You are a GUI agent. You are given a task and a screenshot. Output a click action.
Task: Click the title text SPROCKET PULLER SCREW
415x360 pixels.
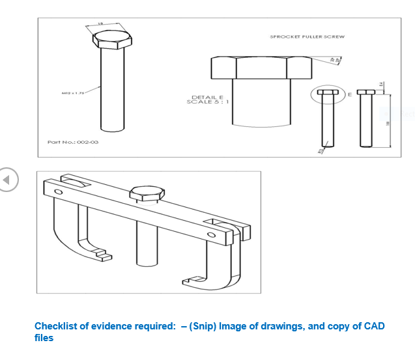pos(307,37)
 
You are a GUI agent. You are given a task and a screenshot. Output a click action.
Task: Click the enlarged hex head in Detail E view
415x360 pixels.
pos(261,68)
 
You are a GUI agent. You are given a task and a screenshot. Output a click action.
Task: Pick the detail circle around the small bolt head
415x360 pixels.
pos(326,94)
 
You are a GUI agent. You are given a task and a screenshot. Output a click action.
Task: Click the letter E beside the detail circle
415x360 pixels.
pos(349,95)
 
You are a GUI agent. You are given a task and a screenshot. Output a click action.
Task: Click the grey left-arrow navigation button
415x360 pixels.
pos(8,180)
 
